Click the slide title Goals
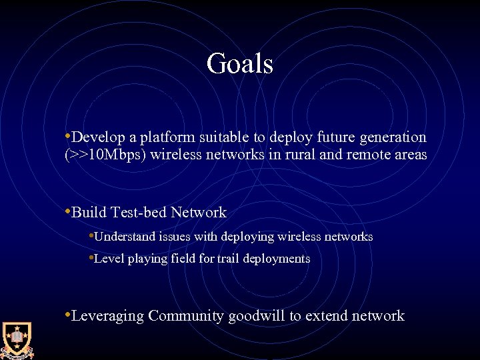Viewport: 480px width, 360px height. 240,64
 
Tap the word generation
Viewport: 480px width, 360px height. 393,138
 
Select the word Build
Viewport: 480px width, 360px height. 89,213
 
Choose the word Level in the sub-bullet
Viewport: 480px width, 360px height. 108,258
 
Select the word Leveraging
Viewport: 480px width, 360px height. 107,316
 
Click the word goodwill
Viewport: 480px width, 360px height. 257,316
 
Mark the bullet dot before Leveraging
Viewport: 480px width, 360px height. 67,313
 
